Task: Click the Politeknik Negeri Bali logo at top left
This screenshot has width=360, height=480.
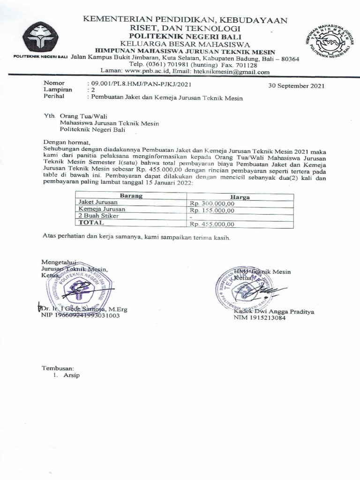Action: coord(41,37)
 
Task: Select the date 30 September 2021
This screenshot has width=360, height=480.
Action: coord(296,86)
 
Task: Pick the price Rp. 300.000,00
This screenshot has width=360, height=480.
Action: coord(212,203)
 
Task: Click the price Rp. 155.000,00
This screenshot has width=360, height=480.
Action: coord(212,210)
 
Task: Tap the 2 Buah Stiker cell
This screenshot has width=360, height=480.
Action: coord(98,216)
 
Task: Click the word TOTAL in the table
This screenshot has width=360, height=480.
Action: coord(91,223)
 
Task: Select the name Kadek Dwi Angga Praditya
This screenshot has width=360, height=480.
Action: coord(274,312)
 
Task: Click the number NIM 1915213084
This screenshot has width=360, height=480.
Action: coord(260,318)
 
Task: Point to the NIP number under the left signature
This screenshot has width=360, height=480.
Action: coord(81,315)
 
